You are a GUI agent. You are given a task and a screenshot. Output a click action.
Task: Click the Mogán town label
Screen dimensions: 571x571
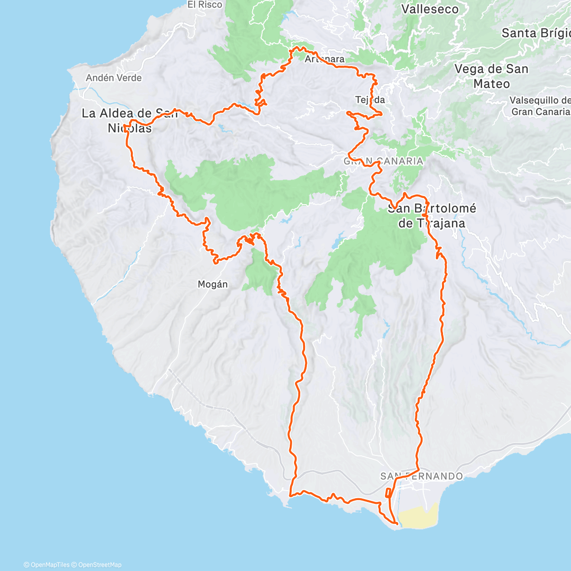tap(213, 285)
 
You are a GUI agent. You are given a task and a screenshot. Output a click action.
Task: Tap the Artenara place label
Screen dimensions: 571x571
tap(325, 59)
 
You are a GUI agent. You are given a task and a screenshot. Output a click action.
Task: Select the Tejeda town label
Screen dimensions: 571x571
tap(370, 100)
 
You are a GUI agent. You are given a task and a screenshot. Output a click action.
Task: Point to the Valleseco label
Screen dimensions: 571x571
tap(430, 9)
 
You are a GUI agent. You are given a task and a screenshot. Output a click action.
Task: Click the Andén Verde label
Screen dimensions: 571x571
tap(114, 78)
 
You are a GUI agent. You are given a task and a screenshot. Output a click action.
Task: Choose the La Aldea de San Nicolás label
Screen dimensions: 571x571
tap(129, 120)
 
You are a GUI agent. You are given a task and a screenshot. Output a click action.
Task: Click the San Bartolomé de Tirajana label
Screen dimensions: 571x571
tap(432, 216)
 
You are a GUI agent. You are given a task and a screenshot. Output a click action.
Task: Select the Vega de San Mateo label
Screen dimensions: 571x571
tap(491, 76)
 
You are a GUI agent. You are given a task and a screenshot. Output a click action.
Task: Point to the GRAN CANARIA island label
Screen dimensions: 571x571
tap(384, 161)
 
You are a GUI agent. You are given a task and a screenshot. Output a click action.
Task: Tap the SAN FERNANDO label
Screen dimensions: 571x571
tap(422, 476)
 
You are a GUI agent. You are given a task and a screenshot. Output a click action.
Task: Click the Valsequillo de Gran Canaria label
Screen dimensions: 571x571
tap(540, 106)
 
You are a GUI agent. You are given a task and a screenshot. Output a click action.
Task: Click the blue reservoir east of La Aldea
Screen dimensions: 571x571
tap(223, 127)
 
